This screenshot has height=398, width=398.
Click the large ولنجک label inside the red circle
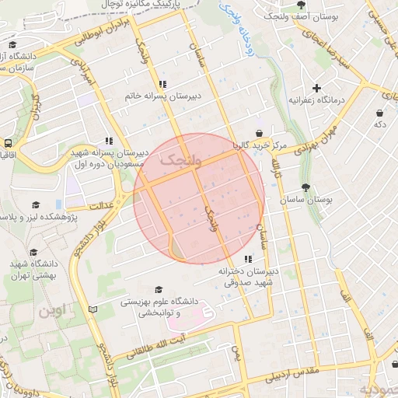pyautogui.click(x=180, y=161)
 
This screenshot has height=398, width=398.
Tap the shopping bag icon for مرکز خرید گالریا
pyautogui.click(x=258, y=132)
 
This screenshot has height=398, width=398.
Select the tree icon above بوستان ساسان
pyautogui.click(x=305, y=187)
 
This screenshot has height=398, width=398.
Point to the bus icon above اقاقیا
pyautogui.click(x=8, y=143)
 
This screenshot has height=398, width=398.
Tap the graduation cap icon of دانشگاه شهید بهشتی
pyautogui.click(x=33, y=253)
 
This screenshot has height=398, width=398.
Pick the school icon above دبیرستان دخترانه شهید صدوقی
pyautogui.click(x=248, y=259)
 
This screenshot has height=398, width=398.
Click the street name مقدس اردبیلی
pyautogui.click(x=293, y=375)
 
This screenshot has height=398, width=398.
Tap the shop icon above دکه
pyautogui.click(x=379, y=112)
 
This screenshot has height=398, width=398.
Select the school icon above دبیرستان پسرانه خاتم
pyautogui.click(x=162, y=84)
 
